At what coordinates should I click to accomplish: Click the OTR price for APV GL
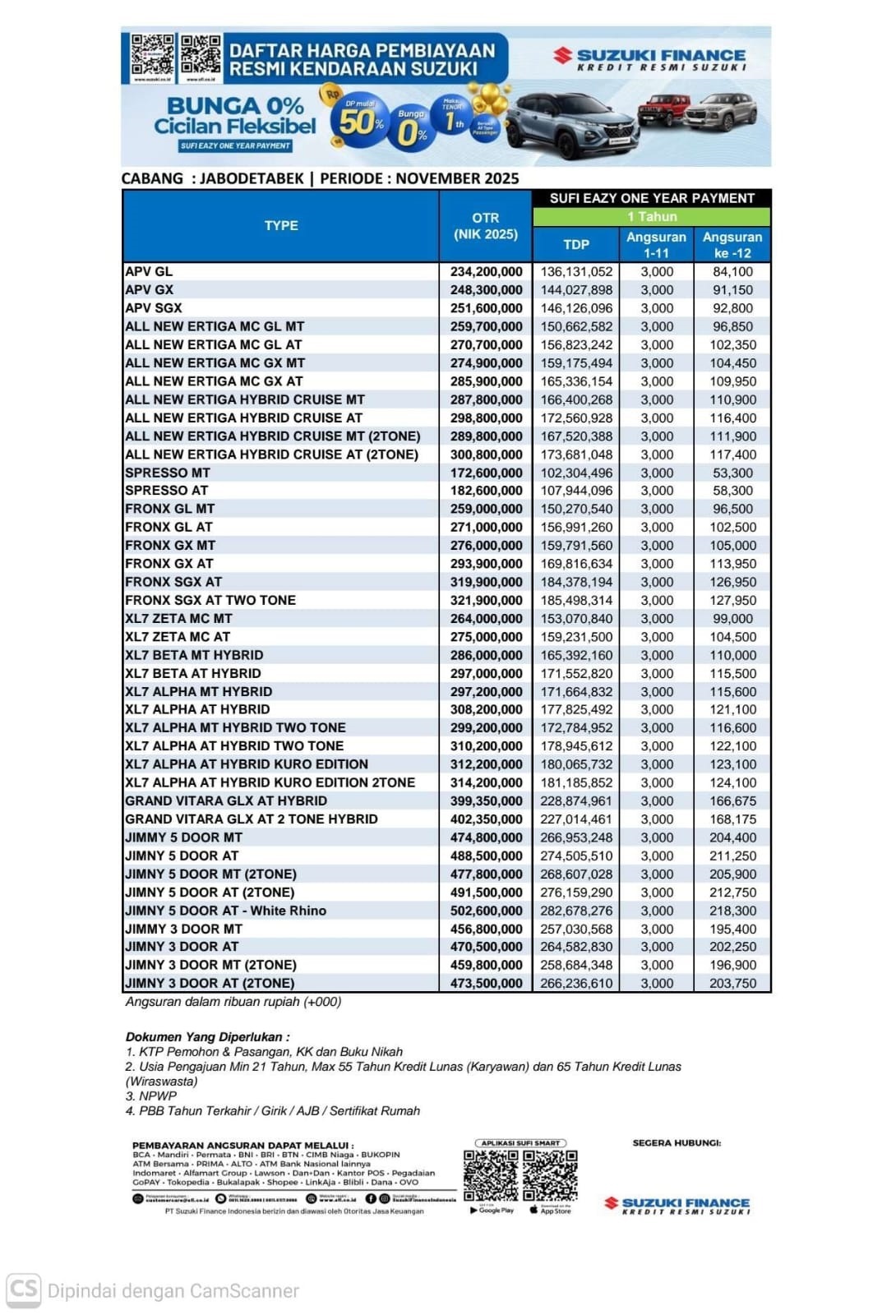click(486, 272)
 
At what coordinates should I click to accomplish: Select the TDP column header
click(576, 244)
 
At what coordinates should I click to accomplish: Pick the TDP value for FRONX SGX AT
click(576, 582)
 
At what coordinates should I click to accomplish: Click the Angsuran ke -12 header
click(732, 244)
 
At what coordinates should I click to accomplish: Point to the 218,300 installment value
click(732, 911)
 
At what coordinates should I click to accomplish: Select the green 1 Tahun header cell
click(652, 217)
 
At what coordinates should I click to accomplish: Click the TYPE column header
click(281, 225)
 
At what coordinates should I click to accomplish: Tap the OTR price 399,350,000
click(486, 801)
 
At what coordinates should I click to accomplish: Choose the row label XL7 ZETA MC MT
click(178, 618)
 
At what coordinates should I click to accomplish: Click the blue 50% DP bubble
click(362, 122)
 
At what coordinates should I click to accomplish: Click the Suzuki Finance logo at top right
click(649, 58)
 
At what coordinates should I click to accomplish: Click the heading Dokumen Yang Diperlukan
click(207, 1037)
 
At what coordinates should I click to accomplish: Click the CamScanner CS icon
click(23, 1290)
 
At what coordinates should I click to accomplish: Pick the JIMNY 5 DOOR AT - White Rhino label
click(226, 911)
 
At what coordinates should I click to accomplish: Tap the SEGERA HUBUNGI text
click(677, 1143)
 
